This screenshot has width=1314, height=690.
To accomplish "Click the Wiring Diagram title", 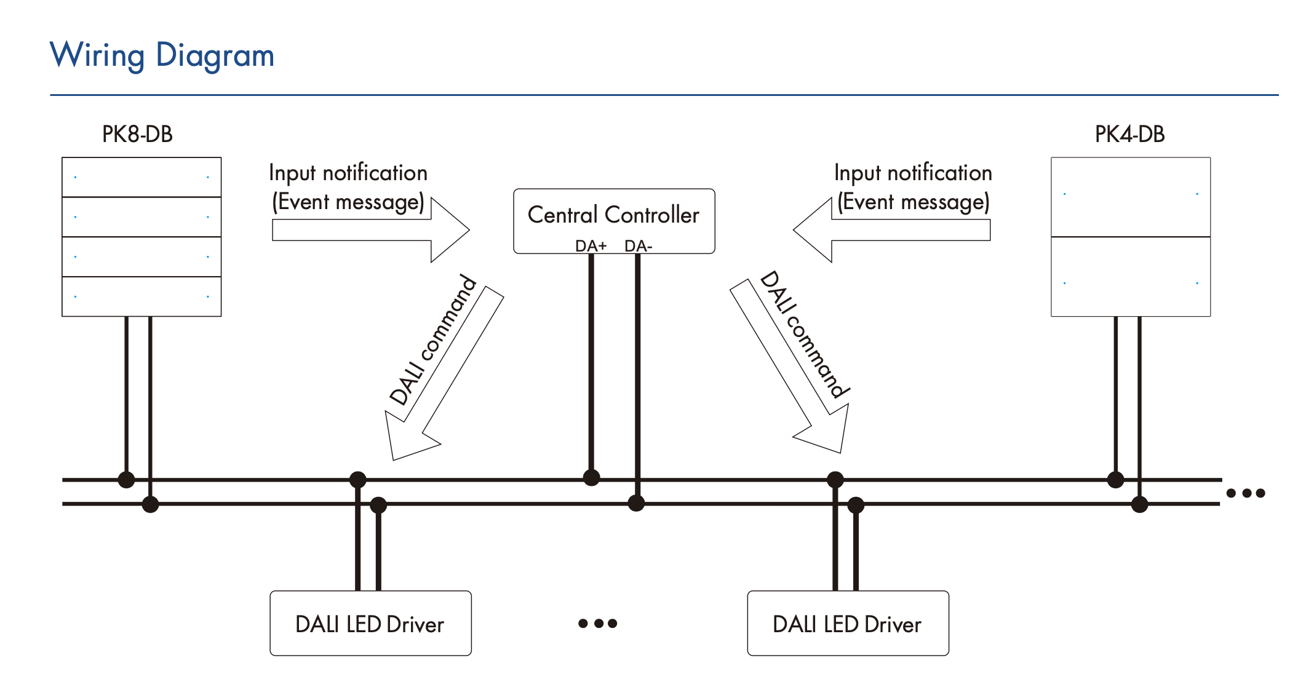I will [162, 55].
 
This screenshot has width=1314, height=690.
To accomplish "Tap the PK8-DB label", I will [137, 134].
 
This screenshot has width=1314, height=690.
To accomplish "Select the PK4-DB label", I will [1129, 134].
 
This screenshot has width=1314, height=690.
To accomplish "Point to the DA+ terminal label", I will [591, 246].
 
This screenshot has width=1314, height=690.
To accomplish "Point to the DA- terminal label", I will [638, 246].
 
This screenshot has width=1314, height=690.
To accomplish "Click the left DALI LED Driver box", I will [370, 624].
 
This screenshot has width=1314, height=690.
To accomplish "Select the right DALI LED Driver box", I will [848, 624].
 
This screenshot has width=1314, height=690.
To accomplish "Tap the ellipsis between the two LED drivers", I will [597, 624].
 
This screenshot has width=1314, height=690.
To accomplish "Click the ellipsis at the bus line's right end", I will [1245, 493].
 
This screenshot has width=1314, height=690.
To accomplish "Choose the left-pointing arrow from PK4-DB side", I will [892, 231].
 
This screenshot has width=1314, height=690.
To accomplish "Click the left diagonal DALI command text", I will [433, 340].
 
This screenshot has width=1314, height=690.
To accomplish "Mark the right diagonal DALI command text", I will [805, 335].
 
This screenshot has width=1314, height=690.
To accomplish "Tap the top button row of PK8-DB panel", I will [141, 177].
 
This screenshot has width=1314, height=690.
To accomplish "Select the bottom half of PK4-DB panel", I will [1131, 277].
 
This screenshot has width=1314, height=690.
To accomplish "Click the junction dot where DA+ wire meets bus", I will [591, 477].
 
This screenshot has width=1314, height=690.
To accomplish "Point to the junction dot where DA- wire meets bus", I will [636, 503].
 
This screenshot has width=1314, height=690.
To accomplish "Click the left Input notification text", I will [348, 173].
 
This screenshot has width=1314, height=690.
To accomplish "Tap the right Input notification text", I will [913, 173].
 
